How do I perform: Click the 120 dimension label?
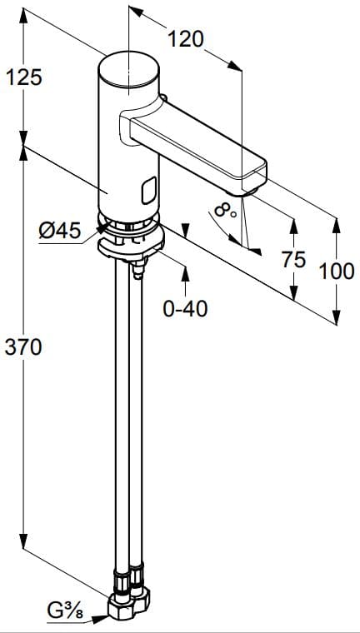(x=185, y=38)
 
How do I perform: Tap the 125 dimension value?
(x=24, y=77)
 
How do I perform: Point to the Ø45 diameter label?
(x=60, y=231)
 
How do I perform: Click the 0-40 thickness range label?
(x=185, y=309)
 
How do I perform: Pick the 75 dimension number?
(x=293, y=259)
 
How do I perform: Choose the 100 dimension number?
(x=337, y=271)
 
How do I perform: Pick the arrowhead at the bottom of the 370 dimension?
(x=24, y=541)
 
